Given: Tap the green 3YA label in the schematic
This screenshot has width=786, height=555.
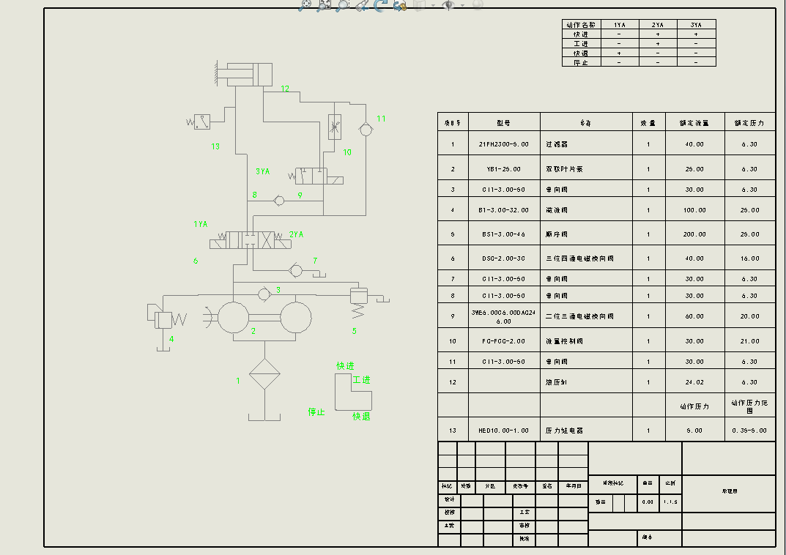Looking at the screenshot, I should click(262, 171).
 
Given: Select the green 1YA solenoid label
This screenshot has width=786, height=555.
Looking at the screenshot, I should click(200, 224).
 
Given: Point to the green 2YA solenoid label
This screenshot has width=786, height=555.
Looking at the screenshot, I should click(296, 234).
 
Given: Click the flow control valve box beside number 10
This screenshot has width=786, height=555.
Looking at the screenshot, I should click(335, 127).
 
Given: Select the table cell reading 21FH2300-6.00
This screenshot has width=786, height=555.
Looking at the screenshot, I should click(503, 144).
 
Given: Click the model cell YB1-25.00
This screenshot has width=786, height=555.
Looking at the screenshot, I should click(503, 169).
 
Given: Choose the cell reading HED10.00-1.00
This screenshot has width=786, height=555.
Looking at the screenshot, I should click(503, 431).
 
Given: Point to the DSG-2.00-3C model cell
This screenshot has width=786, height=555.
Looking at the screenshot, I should click(503, 258).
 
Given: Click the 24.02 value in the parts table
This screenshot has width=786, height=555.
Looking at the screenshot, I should click(694, 382).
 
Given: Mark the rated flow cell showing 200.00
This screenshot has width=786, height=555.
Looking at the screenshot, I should click(694, 234).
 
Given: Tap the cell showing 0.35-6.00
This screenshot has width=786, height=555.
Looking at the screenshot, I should click(749, 431).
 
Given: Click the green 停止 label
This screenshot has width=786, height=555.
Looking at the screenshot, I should click(316, 412).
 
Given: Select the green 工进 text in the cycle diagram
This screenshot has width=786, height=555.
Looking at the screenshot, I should click(361, 380).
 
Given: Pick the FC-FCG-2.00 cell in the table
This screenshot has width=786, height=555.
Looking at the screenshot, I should click(503, 341).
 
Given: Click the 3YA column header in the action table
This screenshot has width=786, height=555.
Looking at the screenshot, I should click(695, 25).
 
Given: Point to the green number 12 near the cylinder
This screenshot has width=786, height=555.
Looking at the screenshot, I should click(285, 89).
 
